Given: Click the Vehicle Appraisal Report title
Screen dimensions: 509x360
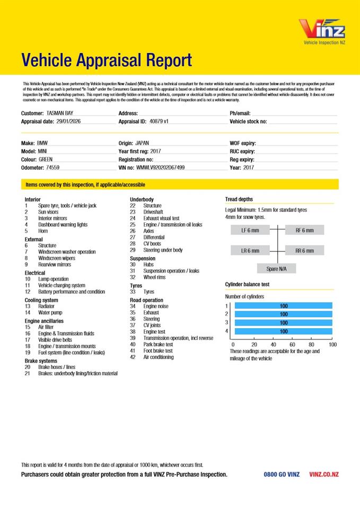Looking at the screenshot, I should tap(107, 60).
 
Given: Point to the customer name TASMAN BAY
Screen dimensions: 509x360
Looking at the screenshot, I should tap(60, 113).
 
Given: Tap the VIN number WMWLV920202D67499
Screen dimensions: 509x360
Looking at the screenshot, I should tap(161, 168).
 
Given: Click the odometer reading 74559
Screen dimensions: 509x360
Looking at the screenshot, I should tap(53, 168).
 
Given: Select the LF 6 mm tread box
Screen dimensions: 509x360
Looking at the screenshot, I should tap(251, 230).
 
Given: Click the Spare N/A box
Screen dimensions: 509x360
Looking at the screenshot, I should tap(276, 269).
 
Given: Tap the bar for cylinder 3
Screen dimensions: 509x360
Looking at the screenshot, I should tap(283, 322).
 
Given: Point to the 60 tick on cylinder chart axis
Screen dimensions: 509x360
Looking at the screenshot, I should tap(292, 344).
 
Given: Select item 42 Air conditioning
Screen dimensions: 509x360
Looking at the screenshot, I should tap(158, 357).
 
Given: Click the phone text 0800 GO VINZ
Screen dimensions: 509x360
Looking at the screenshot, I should tap(282, 475).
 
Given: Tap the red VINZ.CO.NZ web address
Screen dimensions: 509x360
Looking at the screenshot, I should tap(323, 475).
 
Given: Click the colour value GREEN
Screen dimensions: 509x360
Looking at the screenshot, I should tap(46, 159).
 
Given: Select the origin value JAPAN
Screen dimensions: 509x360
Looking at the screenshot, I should tap(143, 143).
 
